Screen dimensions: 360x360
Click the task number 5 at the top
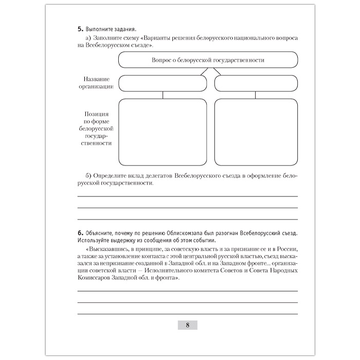80,30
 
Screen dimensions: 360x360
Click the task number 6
80,233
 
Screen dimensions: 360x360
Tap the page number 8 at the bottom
188,325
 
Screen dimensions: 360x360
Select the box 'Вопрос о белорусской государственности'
208,60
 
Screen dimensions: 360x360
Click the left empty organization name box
163,83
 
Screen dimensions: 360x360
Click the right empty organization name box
256,83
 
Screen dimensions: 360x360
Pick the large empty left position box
163,130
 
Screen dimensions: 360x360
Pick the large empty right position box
256,130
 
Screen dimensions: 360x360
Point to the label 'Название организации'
96,83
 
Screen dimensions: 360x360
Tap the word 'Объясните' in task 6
100,233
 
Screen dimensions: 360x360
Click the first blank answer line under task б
188,196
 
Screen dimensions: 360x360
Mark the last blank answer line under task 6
188,314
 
